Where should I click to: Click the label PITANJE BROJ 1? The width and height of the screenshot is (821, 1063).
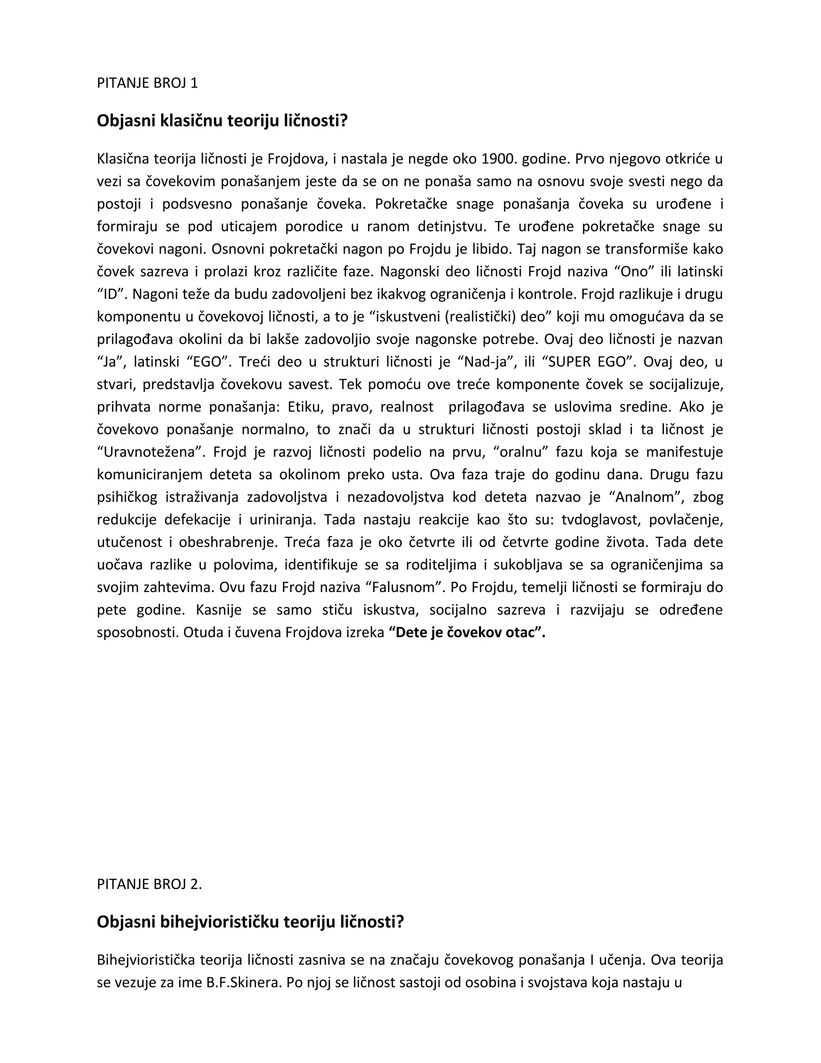(148, 83)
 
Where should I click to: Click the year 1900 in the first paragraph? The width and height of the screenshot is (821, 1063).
(498, 159)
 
